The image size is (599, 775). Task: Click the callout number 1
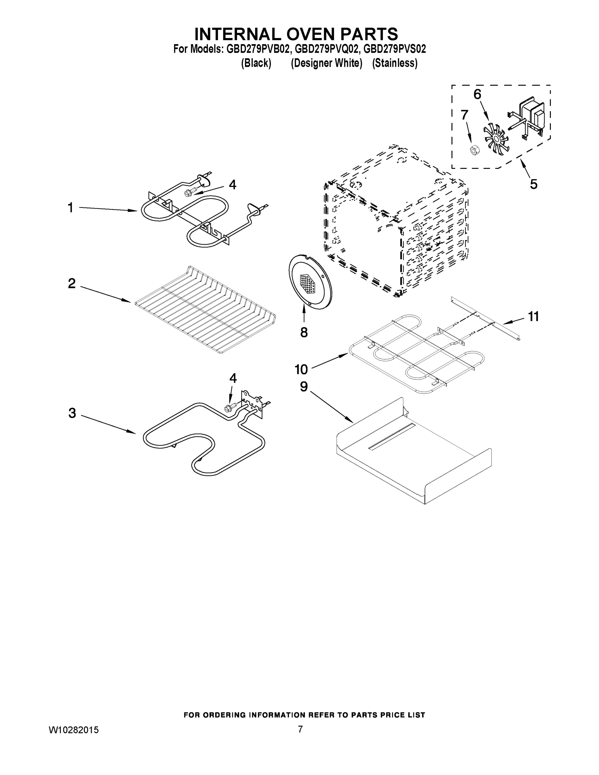tap(70, 208)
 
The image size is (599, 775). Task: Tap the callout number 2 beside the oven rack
tap(72, 284)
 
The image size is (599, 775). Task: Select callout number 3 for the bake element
tap(72, 413)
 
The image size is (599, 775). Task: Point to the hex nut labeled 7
tap(473, 150)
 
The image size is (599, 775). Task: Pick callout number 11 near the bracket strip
tap(533, 316)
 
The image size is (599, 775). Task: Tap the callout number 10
tap(301, 369)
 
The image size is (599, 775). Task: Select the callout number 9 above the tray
tap(304, 387)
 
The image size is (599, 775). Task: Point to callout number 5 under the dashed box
tap(533, 184)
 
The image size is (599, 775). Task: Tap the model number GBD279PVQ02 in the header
tap(325, 49)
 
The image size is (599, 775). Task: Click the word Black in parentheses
tap(256, 63)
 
